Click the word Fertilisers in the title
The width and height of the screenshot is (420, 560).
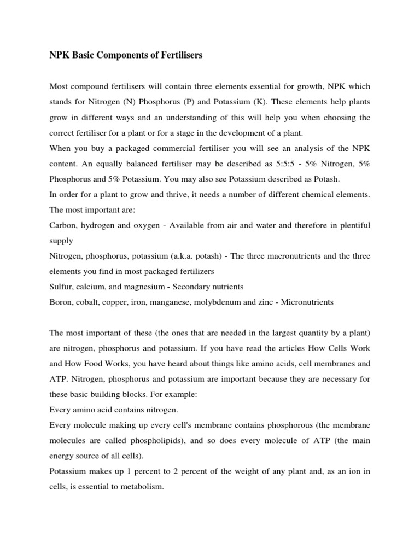(x=178, y=55)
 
